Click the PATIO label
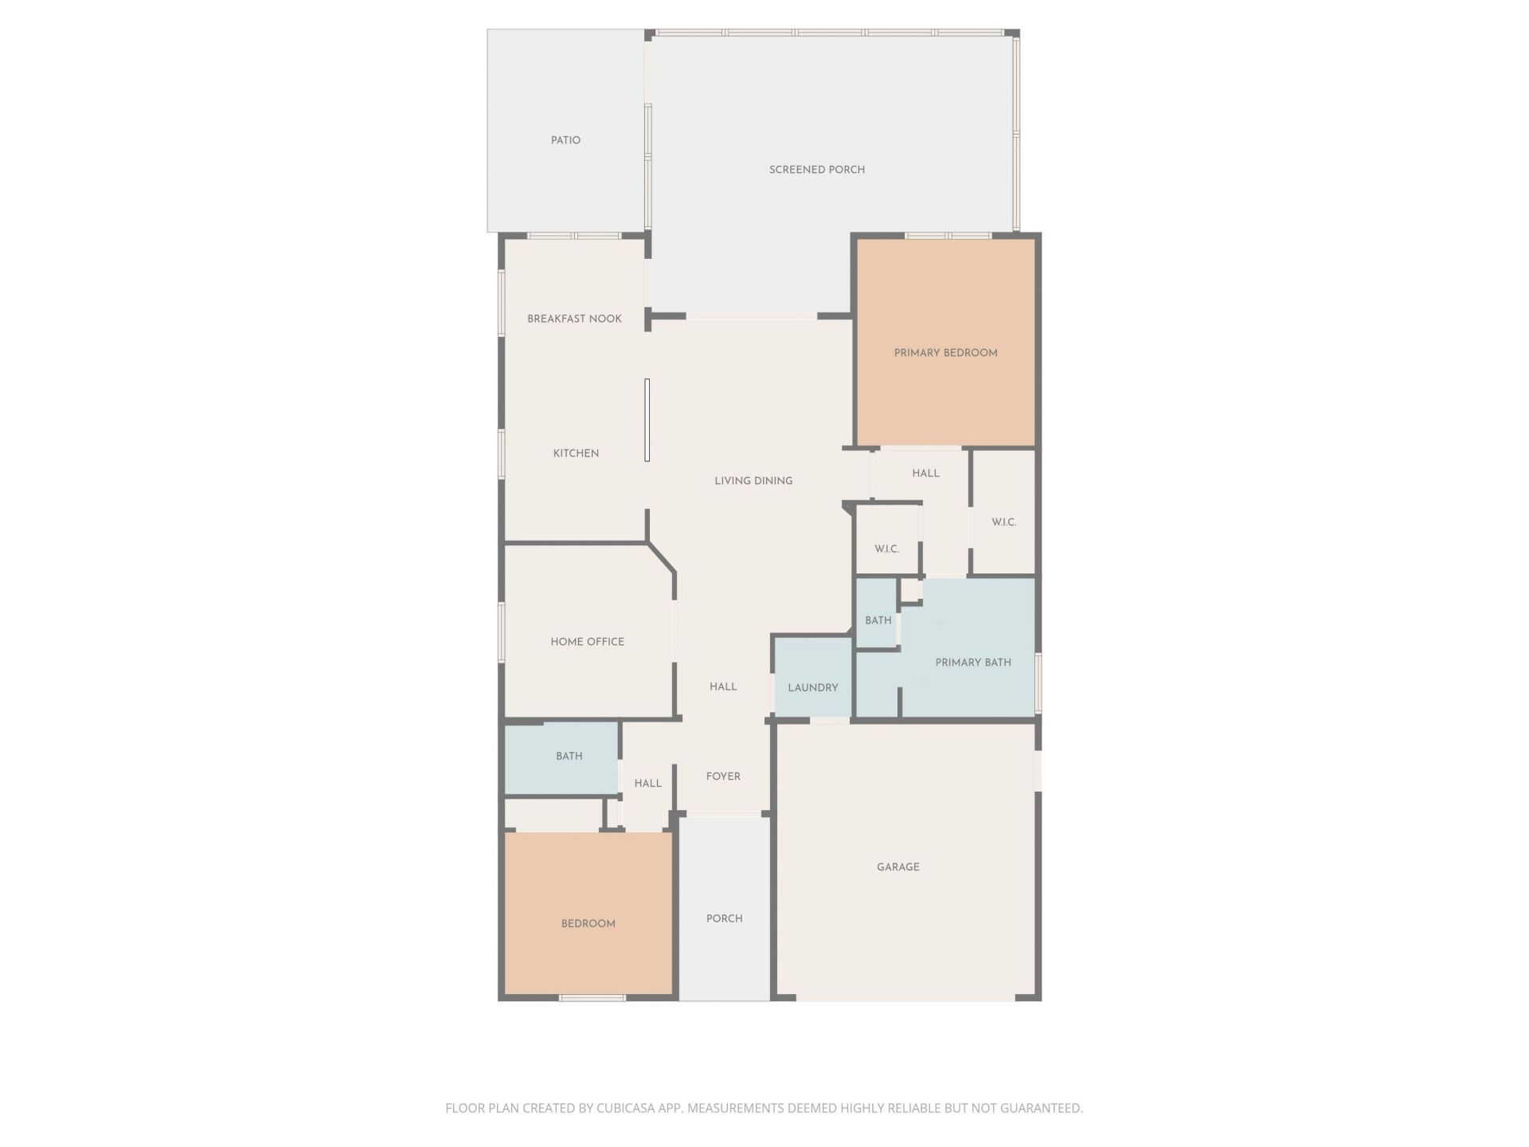[565, 140]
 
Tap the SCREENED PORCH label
[816, 170]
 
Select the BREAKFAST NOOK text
[574, 319]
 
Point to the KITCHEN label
[576, 453]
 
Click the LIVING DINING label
[753, 481]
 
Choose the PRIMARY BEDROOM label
[945, 353]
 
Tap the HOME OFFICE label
[587, 642]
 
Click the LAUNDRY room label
[812, 688]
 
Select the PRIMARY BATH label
[973, 663]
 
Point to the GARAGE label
[897, 867]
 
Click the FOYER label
[723, 777]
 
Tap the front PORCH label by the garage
[724, 918]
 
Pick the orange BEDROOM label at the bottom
[588, 924]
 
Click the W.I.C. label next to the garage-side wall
[1003, 523]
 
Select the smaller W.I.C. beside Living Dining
[886, 550]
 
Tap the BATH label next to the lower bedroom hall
[569, 757]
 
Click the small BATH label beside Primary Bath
[878, 620]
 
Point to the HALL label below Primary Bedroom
[925, 473]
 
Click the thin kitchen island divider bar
[647, 420]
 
